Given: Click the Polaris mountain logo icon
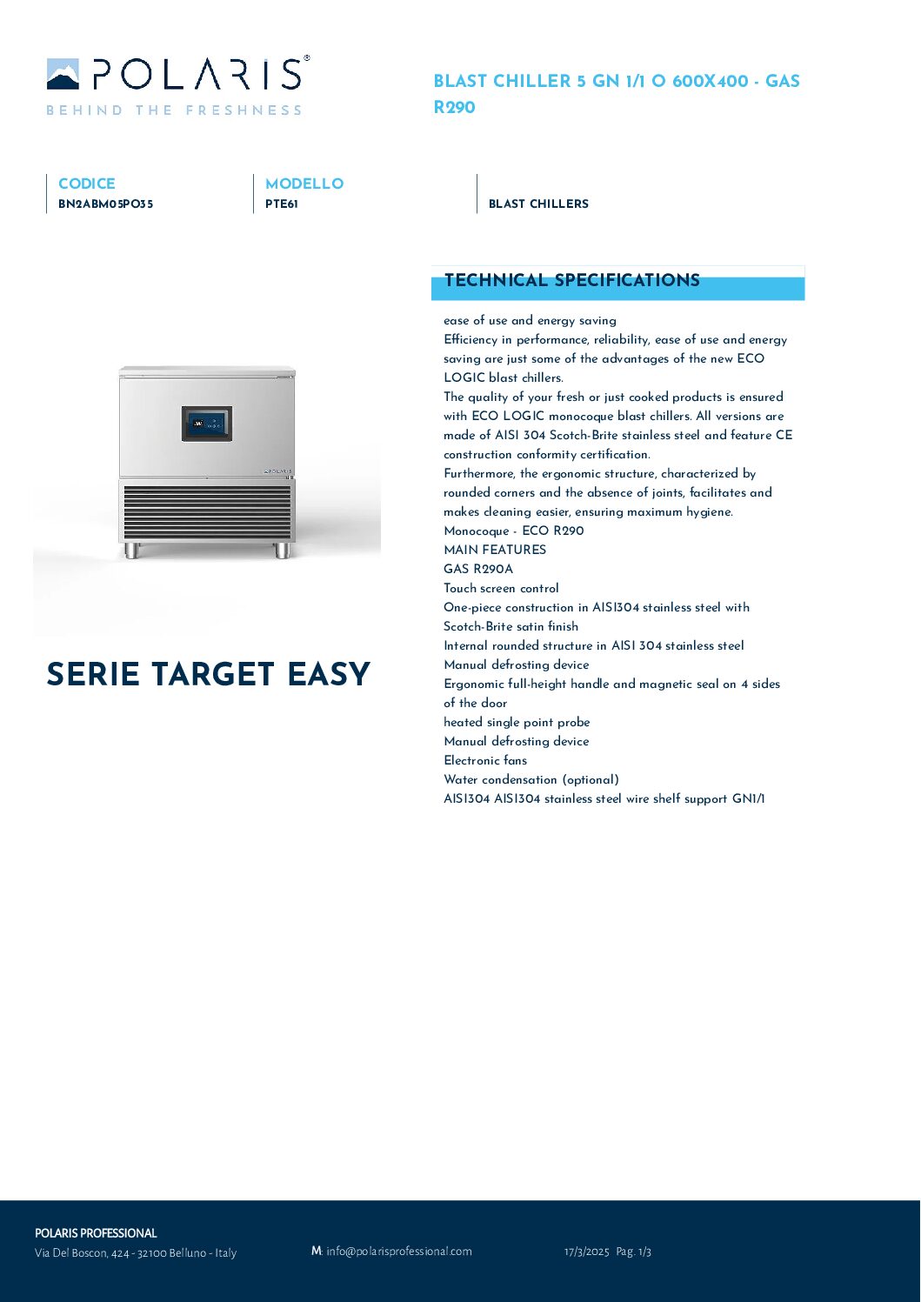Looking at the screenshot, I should tap(63, 75).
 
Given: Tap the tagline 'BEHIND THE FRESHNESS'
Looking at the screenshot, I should tap(174, 110).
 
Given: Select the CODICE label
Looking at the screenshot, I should tap(86, 184).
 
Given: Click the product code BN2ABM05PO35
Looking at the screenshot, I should tap(105, 204).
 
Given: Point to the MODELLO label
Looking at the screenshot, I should tap(304, 184).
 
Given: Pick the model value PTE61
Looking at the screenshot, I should tap(282, 204).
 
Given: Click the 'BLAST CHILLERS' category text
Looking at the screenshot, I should tap(538, 204).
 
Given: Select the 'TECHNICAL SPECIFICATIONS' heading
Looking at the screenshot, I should tap(571, 280).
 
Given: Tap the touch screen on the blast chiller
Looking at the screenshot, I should tap(207, 424).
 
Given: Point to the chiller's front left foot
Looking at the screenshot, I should tap(132, 550).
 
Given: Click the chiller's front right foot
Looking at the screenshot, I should tap(283, 550).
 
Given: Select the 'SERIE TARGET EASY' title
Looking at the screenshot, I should tap(208, 674).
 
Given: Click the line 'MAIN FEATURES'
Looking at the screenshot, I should tap(495, 550).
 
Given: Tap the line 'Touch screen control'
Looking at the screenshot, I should tap(501, 588).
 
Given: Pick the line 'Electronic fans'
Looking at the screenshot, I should tap(485, 760).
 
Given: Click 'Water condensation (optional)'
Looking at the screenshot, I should tap(531, 779).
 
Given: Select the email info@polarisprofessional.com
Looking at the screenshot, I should tap(398, 1251).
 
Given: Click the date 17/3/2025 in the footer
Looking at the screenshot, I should tap(586, 1252).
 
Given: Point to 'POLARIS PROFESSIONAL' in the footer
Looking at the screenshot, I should tap(96, 1233).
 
